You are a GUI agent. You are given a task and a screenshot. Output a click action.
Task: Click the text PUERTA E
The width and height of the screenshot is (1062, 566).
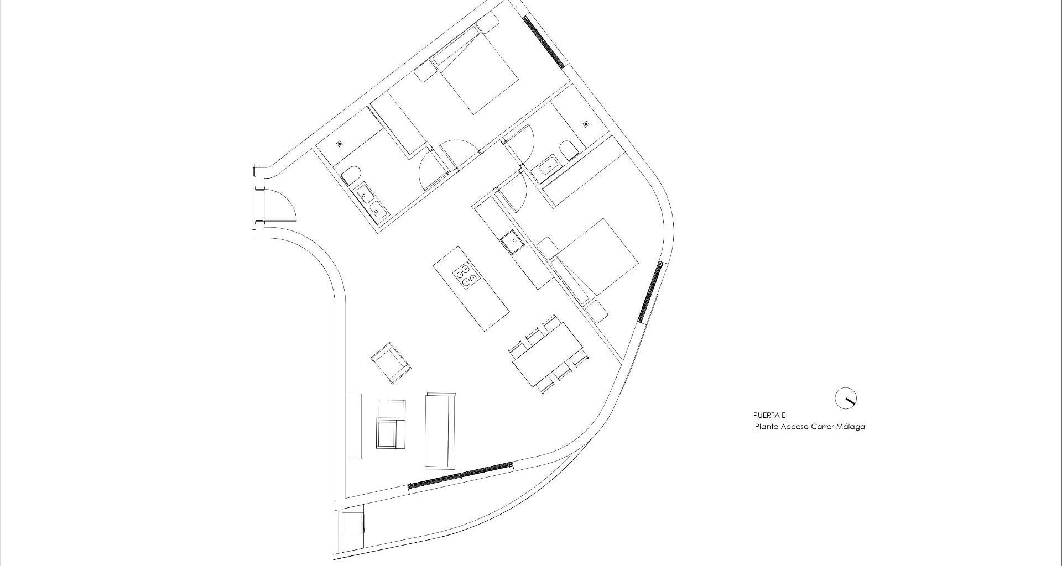pos(769,415)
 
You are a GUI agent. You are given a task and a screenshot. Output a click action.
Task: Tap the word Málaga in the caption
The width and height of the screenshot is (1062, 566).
pos(850,427)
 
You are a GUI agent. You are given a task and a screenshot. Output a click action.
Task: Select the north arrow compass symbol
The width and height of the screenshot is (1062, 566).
pos(845,398)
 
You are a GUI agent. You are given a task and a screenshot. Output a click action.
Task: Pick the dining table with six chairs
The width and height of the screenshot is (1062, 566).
pos(547,354)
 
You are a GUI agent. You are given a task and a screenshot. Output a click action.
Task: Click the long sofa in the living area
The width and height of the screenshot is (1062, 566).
pos(440,430)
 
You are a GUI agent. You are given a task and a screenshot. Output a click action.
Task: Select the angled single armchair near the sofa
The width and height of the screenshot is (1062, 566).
pos(391,362)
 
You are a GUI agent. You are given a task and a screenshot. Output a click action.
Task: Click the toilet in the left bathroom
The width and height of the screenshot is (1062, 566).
pos(349,176)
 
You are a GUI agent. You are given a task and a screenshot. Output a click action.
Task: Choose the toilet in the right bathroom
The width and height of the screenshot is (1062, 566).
pos(568,150)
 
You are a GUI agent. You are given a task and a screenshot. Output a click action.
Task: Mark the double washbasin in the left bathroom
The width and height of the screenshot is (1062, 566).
pos(371,202)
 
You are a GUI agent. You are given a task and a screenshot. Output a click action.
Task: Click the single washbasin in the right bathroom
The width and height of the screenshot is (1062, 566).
pos(549,164)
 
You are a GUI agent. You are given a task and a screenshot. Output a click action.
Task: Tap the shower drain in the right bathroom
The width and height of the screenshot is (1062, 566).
pos(586,124)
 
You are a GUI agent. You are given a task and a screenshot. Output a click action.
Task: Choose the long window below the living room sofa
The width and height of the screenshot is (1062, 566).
pos(461,475)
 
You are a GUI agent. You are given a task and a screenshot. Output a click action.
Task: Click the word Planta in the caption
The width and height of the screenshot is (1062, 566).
pos(767,427)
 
